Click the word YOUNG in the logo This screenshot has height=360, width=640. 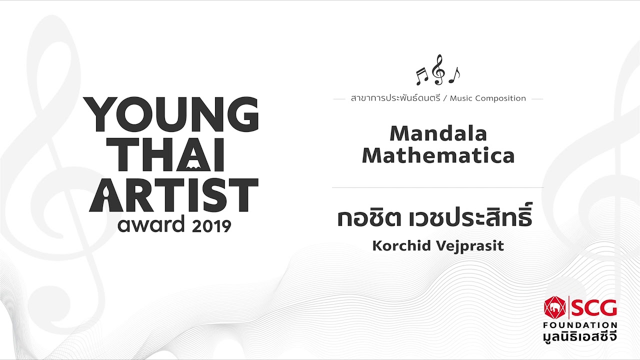click(x=171, y=114)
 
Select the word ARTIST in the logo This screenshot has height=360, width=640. click(x=173, y=195)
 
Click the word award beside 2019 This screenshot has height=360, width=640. click(x=151, y=224)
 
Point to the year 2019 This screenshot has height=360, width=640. click(x=211, y=226)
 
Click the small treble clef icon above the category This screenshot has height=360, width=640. click(x=438, y=69)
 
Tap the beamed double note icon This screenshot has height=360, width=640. click(x=422, y=76)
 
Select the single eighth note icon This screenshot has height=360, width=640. click(x=454, y=75)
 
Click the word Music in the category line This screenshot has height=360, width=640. click(x=460, y=98)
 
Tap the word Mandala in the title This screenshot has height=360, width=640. click(x=438, y=133)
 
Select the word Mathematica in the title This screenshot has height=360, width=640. click(x=438, y=155)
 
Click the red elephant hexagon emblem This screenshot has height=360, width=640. click(x=555, y=307)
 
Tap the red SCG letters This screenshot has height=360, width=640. click(x=594, y=307)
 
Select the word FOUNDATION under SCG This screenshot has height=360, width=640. click(x=580, y=325)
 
